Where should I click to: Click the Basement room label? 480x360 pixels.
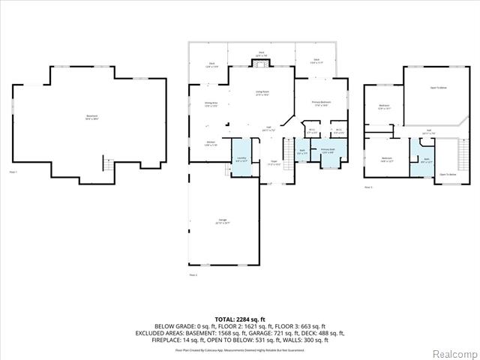[91, 117]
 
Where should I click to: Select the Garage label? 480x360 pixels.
[223, 221]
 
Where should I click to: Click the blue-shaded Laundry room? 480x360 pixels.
[241, 158]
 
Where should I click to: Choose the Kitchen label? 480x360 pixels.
[211, 143]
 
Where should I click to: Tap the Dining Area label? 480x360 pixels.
[211, 104]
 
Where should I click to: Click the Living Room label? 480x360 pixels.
[262, 94]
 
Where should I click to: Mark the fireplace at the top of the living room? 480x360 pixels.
[261, 64]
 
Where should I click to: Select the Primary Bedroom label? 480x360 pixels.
[322, 103]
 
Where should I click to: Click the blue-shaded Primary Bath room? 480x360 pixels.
[328, 153]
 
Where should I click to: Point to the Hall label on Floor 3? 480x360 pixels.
[430, 133]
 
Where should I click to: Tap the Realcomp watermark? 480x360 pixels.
[456, 352]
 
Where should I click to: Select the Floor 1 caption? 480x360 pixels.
[13, 172]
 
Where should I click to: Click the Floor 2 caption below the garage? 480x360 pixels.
[193, 275]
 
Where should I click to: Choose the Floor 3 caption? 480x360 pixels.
[367, 187]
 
